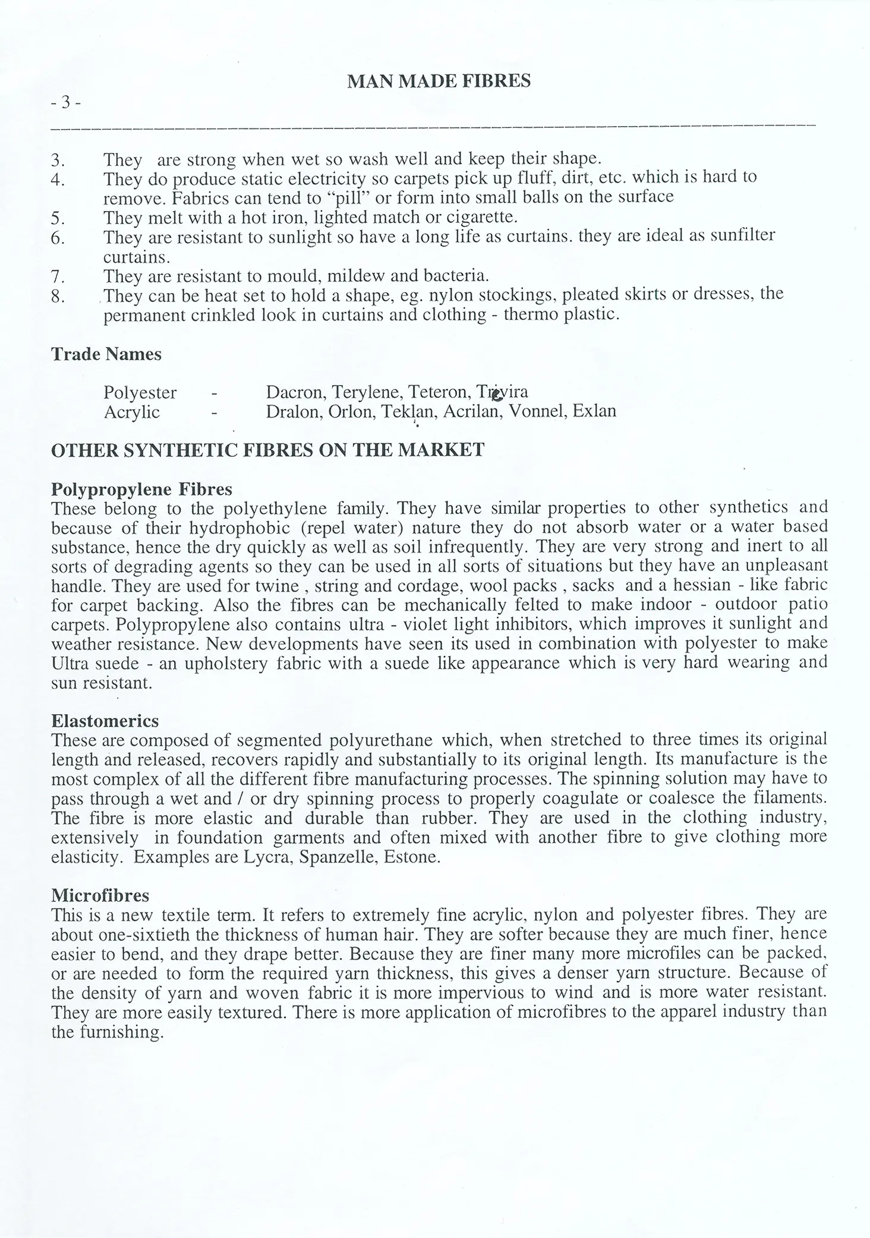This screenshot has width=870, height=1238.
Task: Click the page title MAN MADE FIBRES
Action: click(x=439, y=81)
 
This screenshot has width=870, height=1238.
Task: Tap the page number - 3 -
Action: click(x=65, y=103)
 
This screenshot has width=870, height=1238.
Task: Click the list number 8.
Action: click(x=58, y=296)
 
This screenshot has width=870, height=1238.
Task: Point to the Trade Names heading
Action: click(x=106, y=354)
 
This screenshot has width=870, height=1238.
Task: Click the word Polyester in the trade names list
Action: click(x=140, y=392)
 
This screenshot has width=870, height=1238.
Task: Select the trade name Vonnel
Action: click(x=537, y=411)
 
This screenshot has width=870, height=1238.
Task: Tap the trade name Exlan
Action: click(x=594, y=411)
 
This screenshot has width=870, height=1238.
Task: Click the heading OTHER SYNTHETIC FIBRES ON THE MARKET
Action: click(x=268, y=450)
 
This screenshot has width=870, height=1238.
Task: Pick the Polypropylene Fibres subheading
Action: click(x=141, y=489)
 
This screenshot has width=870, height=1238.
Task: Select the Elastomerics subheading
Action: click(x=105, y=721)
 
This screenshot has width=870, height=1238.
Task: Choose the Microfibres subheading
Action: click(x=100, y=895)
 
